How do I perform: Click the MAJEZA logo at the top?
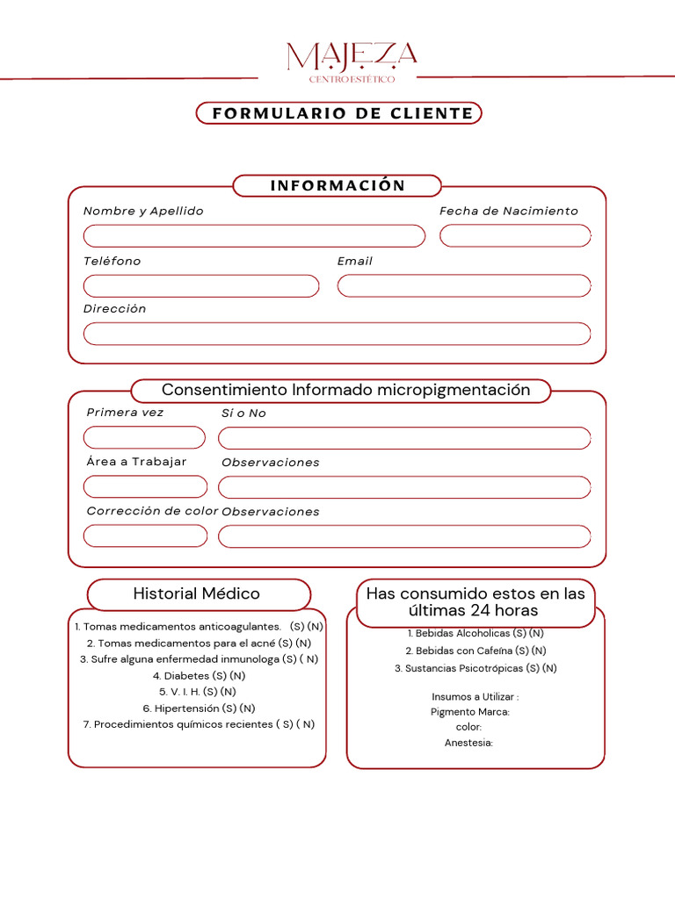[352, 61]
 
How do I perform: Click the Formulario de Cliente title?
[338, 113]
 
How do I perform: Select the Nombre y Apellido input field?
[254, 235]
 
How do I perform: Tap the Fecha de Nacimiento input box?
[515, 235]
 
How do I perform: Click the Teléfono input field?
[201, 286]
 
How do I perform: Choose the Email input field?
[464, 286]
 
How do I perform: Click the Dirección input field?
[337, 334]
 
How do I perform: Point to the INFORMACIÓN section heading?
[337, 185]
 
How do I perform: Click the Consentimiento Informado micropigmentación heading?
[345, 390]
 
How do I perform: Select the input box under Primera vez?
[144, 437]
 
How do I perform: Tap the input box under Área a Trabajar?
[145, 486]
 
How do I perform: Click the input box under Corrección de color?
[145, 536]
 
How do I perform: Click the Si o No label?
[243, 414]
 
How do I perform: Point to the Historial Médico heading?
[197, 593]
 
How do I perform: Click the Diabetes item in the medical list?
[199, 676]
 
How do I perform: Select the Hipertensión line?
[199, 708]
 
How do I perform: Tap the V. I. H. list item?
[199, 692]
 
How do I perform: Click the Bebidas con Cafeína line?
[475, 651]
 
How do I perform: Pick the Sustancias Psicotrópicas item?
[475, 668]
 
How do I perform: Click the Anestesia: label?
[468, 743]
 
